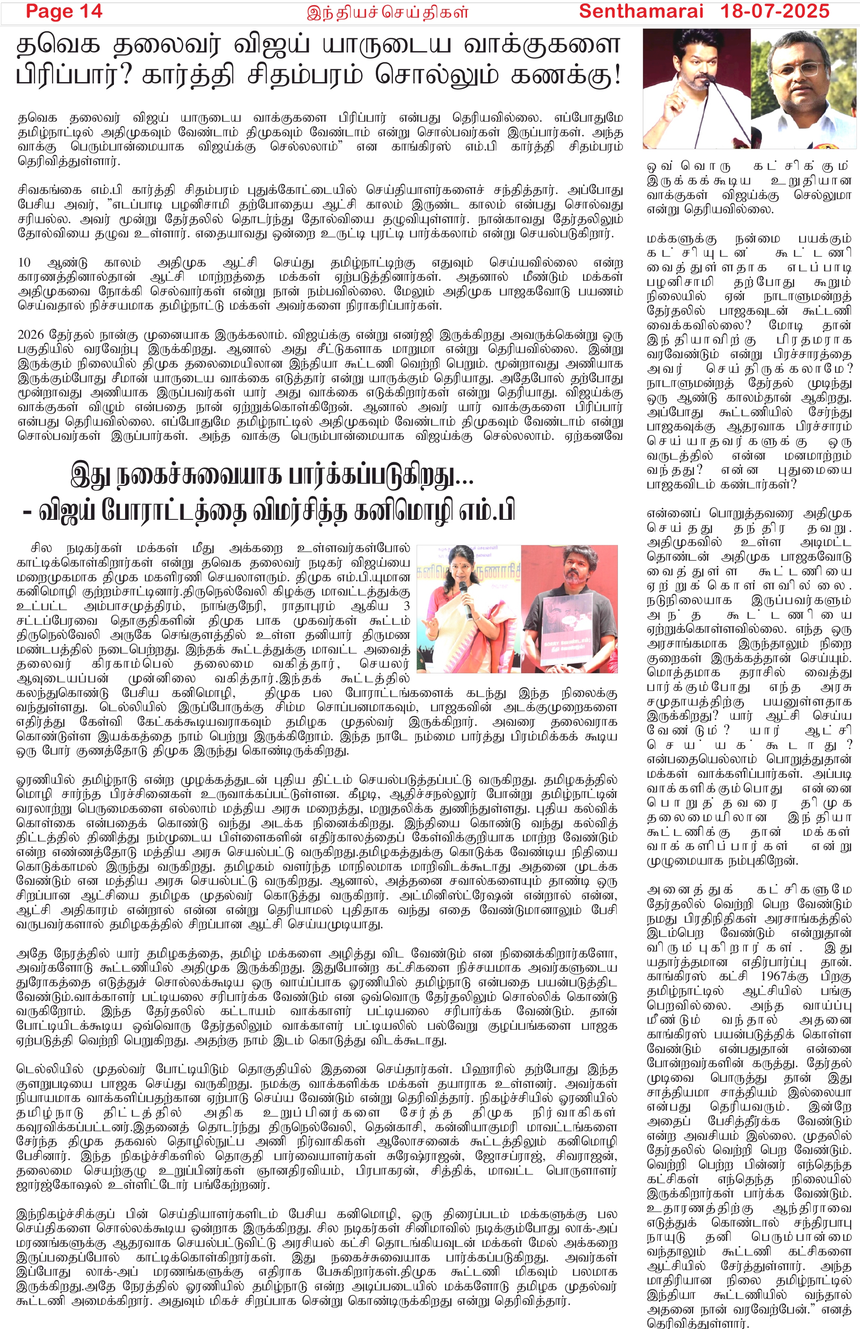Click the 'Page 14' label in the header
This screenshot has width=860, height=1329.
64,11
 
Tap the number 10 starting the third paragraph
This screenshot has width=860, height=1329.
24,262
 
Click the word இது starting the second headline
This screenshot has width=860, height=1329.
89,476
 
